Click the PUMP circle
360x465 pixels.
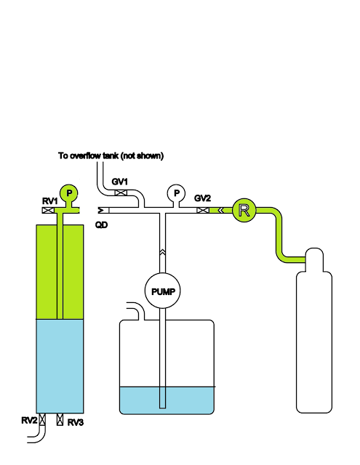tap(162, 291)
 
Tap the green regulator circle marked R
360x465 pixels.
tap(244, 210)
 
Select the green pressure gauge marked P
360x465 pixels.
tap(69, 193)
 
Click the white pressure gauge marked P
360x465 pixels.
tap(176, 193)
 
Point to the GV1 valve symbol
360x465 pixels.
tap(121, 193)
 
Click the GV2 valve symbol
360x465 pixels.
tap(203, 210)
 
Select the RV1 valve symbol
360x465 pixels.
tap(48, 210)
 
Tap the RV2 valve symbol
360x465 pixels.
tap(42, 419)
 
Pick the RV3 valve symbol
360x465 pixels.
tap(60, 419)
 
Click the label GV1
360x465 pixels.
tap(119, 182)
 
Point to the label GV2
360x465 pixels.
tap(202, 198)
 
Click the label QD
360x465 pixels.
tap(102, 225)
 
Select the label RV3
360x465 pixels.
tap(76, 423)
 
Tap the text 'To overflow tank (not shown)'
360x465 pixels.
tap(111, 155)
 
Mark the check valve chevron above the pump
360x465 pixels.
tap(162, 252)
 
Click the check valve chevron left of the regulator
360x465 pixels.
tap(220, 210)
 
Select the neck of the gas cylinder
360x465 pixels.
tap(314, 259)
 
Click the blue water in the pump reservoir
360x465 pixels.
tap(167, 400)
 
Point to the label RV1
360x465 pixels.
tap(50, 201)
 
